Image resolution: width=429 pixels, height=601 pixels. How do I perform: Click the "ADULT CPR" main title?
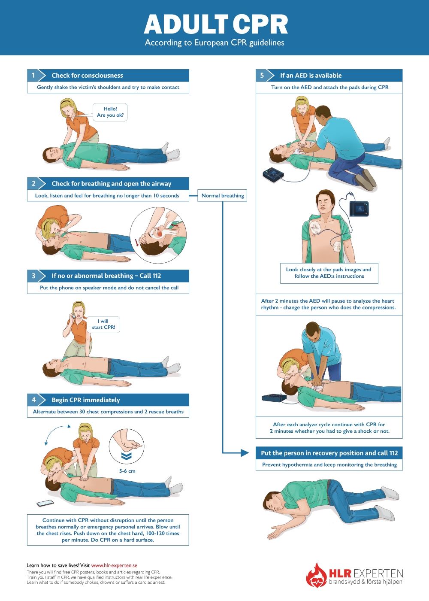tap(215, 24)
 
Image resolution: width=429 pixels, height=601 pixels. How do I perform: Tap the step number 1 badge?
tap(33, 75)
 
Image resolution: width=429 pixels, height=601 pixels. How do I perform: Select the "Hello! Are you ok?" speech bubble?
tap(110, 112)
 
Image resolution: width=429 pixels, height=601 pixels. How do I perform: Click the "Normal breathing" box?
tap(223, 195)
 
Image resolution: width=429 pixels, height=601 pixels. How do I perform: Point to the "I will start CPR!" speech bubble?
tap(104, 324)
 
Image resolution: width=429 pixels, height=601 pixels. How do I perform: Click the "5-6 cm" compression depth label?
tap(127, 471)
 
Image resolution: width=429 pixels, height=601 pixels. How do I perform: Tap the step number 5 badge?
tap(262, 75)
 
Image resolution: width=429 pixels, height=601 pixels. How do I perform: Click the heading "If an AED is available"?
tap(311, 76)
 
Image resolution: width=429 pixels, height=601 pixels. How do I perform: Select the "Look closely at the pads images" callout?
tap(329, 273)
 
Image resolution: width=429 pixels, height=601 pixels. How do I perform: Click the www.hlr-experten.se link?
tap(114, 565)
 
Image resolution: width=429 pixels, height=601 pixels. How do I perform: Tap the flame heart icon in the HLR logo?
tap(317, 576)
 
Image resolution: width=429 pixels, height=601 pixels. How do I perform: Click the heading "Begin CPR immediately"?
tap(86, 400)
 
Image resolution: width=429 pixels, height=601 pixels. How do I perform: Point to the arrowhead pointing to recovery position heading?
tap(245, 453)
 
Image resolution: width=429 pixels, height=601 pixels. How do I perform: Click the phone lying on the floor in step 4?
tap(45, 503)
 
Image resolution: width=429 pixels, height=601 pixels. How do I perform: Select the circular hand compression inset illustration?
tap(126, 446)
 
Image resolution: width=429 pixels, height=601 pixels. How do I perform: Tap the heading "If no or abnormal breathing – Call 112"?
tap(106, 276)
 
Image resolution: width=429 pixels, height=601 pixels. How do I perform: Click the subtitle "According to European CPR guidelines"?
tap(214, 42)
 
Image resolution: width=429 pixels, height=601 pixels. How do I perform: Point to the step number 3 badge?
tap(33, 276)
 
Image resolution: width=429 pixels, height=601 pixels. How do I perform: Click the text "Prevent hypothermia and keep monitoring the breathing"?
tap(329, 464)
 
